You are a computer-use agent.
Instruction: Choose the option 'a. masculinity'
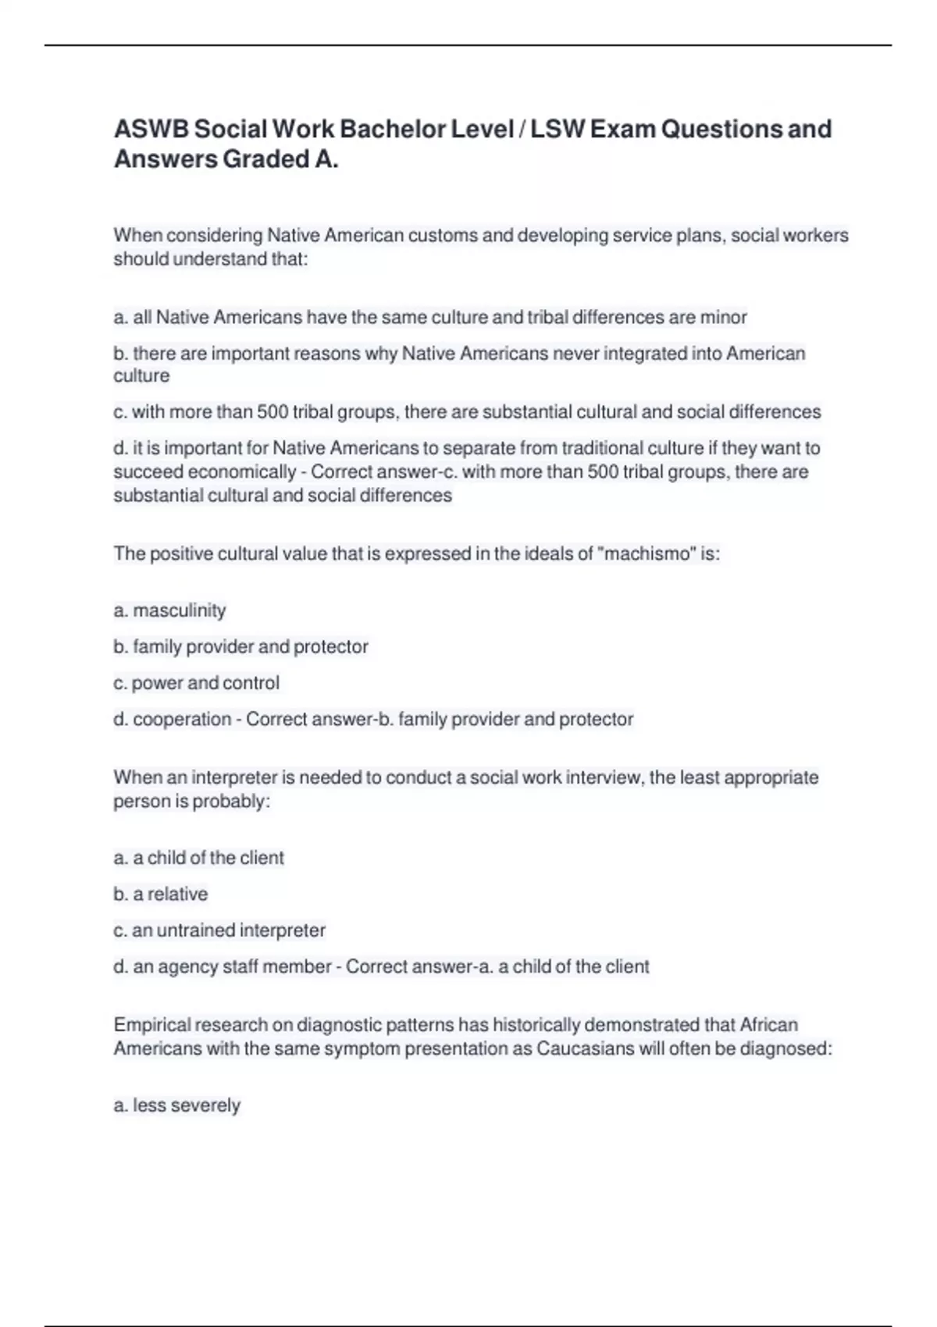169,610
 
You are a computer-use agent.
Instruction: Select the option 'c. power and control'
196,683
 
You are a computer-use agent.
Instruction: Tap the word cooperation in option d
182,719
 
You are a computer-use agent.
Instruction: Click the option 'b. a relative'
160,894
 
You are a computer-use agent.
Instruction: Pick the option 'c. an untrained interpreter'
219,930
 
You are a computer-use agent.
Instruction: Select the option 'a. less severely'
176,1105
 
